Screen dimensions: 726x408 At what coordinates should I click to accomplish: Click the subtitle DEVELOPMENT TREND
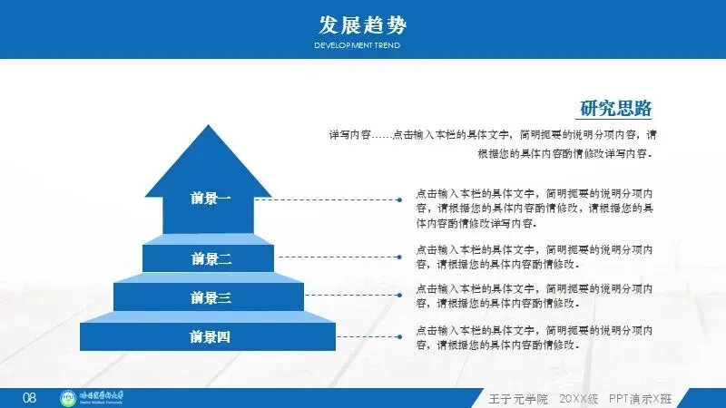tap(357, 45)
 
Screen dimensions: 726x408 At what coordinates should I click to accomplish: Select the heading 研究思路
tap(616, 109)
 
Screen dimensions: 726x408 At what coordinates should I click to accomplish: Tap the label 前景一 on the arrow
tap(211, 199)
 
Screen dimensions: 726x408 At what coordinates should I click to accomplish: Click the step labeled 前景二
tap(211, 258)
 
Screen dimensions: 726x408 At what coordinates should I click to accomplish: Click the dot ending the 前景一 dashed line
tap(398, 199)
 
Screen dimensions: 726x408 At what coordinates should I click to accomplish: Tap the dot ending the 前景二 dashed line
tap(398, 257)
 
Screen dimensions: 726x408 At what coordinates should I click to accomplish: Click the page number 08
tap(29, 398)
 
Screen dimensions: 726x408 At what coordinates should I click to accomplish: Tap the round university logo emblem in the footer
tap(68, 397)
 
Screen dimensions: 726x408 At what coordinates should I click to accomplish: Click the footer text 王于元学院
tap(519, 398)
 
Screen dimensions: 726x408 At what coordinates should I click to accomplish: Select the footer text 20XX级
tap(578, 398)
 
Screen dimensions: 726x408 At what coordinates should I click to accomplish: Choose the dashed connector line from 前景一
tap(327, 199)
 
